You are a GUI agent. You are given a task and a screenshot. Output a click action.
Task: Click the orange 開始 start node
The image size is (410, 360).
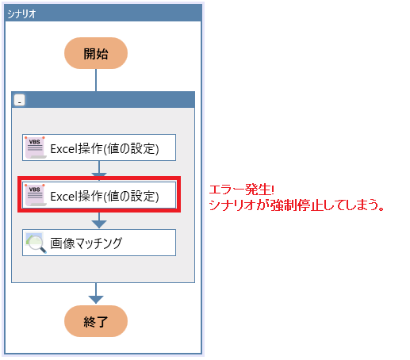[x=96, y=53]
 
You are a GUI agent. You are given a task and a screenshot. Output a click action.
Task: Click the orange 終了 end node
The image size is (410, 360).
[x=96, y=321]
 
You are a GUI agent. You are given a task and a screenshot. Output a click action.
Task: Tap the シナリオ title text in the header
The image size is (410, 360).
[x=21, y=13]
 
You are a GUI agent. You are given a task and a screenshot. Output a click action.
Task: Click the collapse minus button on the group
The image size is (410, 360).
[x=19, y=100]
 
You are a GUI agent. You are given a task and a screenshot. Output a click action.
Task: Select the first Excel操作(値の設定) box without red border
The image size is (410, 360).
[x=99, y=147]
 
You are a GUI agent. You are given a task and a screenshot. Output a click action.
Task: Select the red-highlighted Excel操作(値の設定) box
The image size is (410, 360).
[x=99, y=195]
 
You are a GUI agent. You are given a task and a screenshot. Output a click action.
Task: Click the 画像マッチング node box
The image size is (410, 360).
[x=99, y=243]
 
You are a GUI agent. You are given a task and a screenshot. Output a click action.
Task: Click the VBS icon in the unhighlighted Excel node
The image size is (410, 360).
[x=36, y=147]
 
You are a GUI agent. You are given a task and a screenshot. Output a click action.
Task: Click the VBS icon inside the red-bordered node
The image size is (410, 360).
[x=36, y=195]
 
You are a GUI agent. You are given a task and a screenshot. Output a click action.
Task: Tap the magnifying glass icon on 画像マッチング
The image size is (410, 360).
[x=36, y=243]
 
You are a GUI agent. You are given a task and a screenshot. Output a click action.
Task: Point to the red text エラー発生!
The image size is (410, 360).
[x=242, y=190]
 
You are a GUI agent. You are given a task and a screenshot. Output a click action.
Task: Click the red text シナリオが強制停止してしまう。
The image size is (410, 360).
[x=297, y=205]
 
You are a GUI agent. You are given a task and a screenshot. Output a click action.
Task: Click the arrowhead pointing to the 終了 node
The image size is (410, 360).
[x=96, y=300]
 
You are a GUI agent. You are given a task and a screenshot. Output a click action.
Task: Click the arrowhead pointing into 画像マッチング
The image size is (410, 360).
[x=99, y=224]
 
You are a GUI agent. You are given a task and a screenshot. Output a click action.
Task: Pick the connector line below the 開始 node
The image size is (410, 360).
[x=96, y=80]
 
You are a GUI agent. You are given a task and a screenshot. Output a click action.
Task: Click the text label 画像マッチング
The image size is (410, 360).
[x=86, y=243]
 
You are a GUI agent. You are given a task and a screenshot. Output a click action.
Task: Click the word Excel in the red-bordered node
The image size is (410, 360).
[x=63, y=197]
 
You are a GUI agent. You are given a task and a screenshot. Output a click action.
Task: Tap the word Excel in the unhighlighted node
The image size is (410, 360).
[x=63, y=149]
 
